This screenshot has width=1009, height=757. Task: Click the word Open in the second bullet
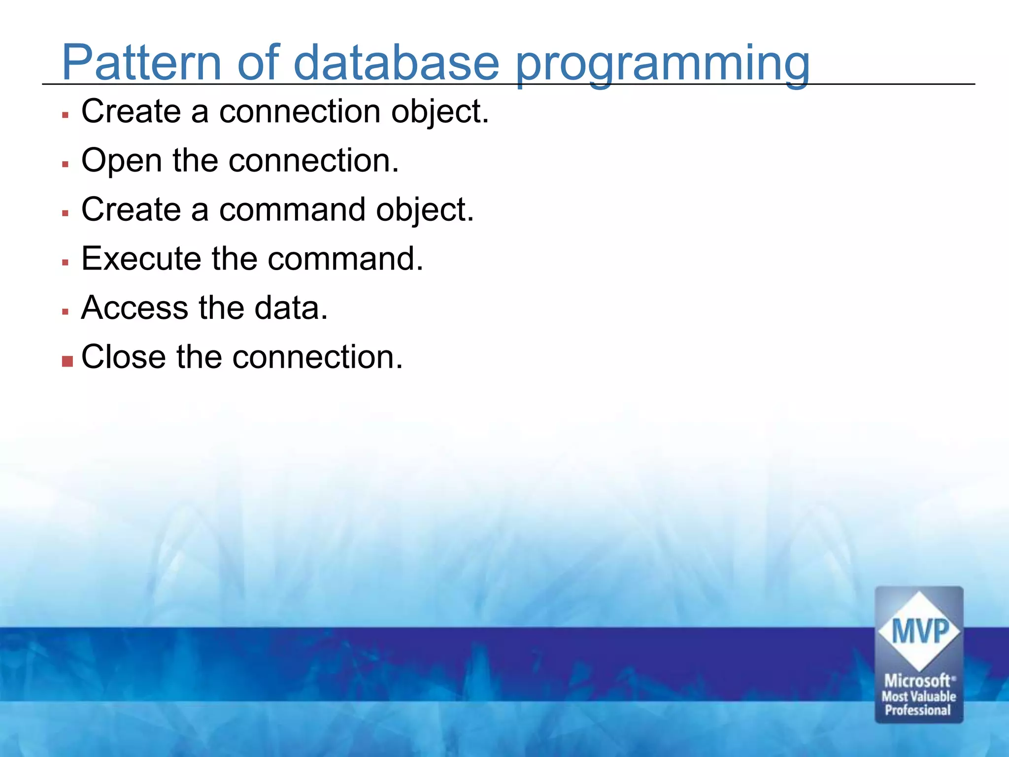point(121,161)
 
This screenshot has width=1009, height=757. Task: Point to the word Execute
point(141,259)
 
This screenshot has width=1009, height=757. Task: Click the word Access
point(135,308)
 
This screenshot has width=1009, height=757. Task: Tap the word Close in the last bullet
point(123,357)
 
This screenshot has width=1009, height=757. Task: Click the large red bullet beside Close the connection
point(67,362)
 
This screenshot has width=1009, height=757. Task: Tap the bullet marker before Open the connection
point(65,164)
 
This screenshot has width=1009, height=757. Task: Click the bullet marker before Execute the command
point(65,262)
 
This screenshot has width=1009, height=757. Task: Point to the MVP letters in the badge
point(919,631)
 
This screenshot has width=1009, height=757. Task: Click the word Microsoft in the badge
point(917,681)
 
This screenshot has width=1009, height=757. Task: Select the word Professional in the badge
point(917,710)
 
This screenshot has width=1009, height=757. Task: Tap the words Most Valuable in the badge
point(918,696)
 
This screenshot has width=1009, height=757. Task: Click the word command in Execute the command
point(340,259)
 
